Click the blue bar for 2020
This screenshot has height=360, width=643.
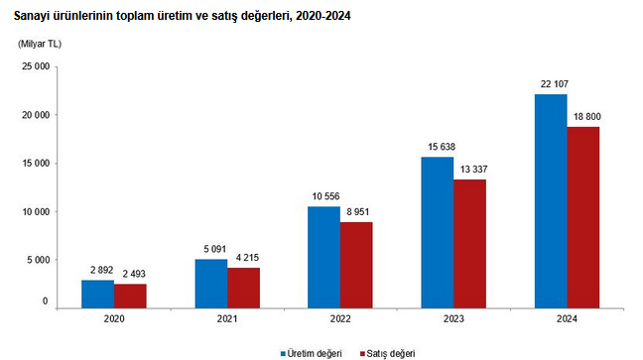[x=97, y=294]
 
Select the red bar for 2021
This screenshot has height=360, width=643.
[x=243, y=288]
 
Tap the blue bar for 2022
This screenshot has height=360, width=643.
[x=323, y=258]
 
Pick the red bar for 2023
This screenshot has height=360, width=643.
[x=470, y=244]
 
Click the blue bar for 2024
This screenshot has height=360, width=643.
[x=551, y=201]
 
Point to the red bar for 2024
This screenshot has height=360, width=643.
[x=583, y=218]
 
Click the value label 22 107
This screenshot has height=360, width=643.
[x=555, y=84]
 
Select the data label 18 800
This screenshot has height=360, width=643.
[x=586, y=117]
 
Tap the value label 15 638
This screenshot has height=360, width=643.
[x=442, y=147]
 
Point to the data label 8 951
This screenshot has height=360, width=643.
[x=357, y=212]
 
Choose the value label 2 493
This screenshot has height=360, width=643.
[x=134, y=274]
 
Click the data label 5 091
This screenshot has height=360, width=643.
[x=215, y=249]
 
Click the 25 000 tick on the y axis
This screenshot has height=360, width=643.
[x=36, y=66]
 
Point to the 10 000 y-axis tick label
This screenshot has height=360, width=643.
[x=36, y=212]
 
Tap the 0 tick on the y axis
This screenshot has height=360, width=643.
[x=45, y=301]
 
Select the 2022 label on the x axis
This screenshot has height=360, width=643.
[x=340, y=319]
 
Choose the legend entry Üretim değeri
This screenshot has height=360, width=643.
[x=312, y=353]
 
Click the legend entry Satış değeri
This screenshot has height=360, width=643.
[x=388, y=353]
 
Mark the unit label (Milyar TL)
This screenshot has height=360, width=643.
[x=40, y=44]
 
